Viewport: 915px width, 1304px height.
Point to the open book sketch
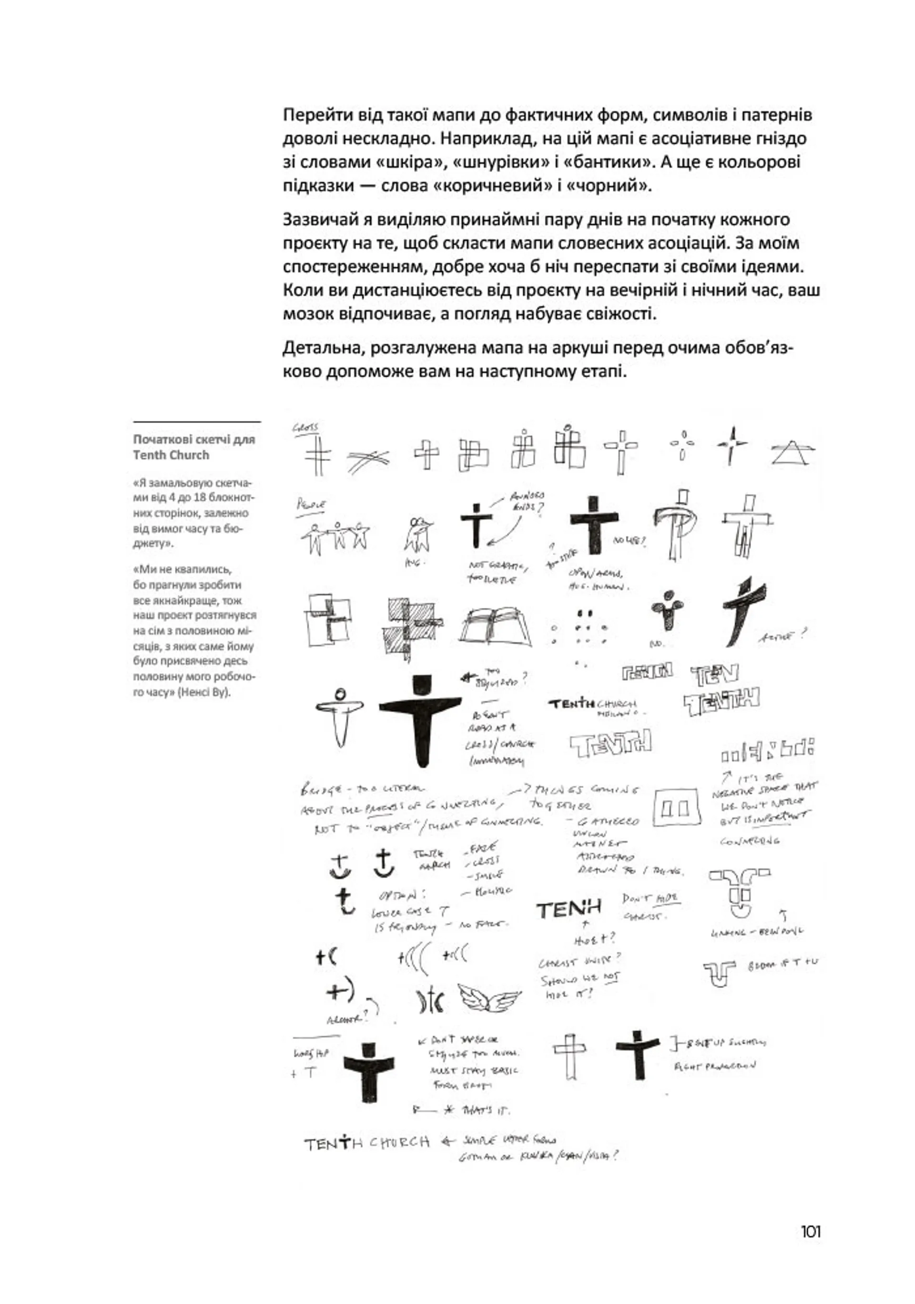pos(497,626)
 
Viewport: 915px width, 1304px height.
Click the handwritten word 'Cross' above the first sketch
pos(305,428)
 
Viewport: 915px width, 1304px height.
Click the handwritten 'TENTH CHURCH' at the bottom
pos(366,1143)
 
